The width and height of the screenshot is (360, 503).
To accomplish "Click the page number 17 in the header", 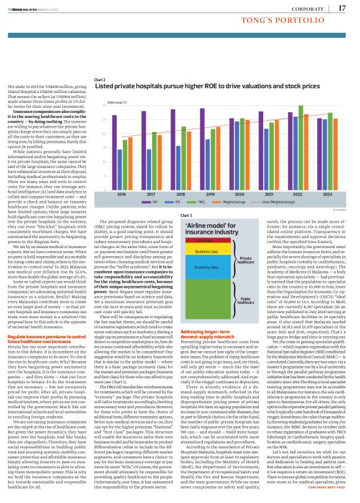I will click(x=342, y=8).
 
